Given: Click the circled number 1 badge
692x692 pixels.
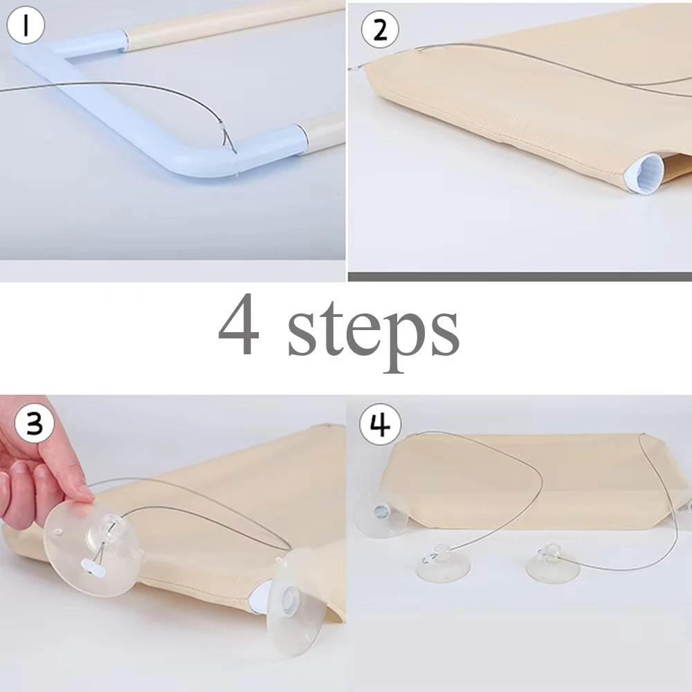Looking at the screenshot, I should (26, 26).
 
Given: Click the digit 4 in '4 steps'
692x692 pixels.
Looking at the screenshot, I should (239, 327).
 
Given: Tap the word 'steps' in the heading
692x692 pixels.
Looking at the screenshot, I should (374, 332).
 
